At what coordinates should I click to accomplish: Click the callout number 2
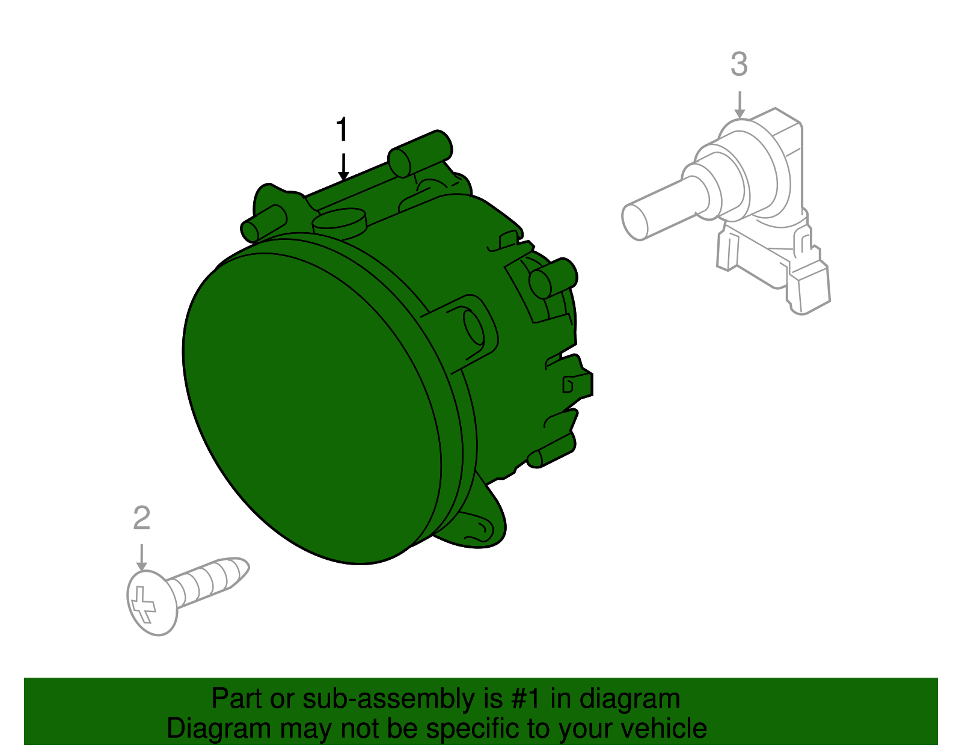141,518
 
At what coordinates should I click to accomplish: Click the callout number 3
739,64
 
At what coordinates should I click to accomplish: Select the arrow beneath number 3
740,105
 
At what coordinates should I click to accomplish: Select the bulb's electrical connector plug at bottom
809,289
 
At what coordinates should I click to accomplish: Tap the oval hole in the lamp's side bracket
474,328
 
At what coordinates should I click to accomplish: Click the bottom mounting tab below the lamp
481,526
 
